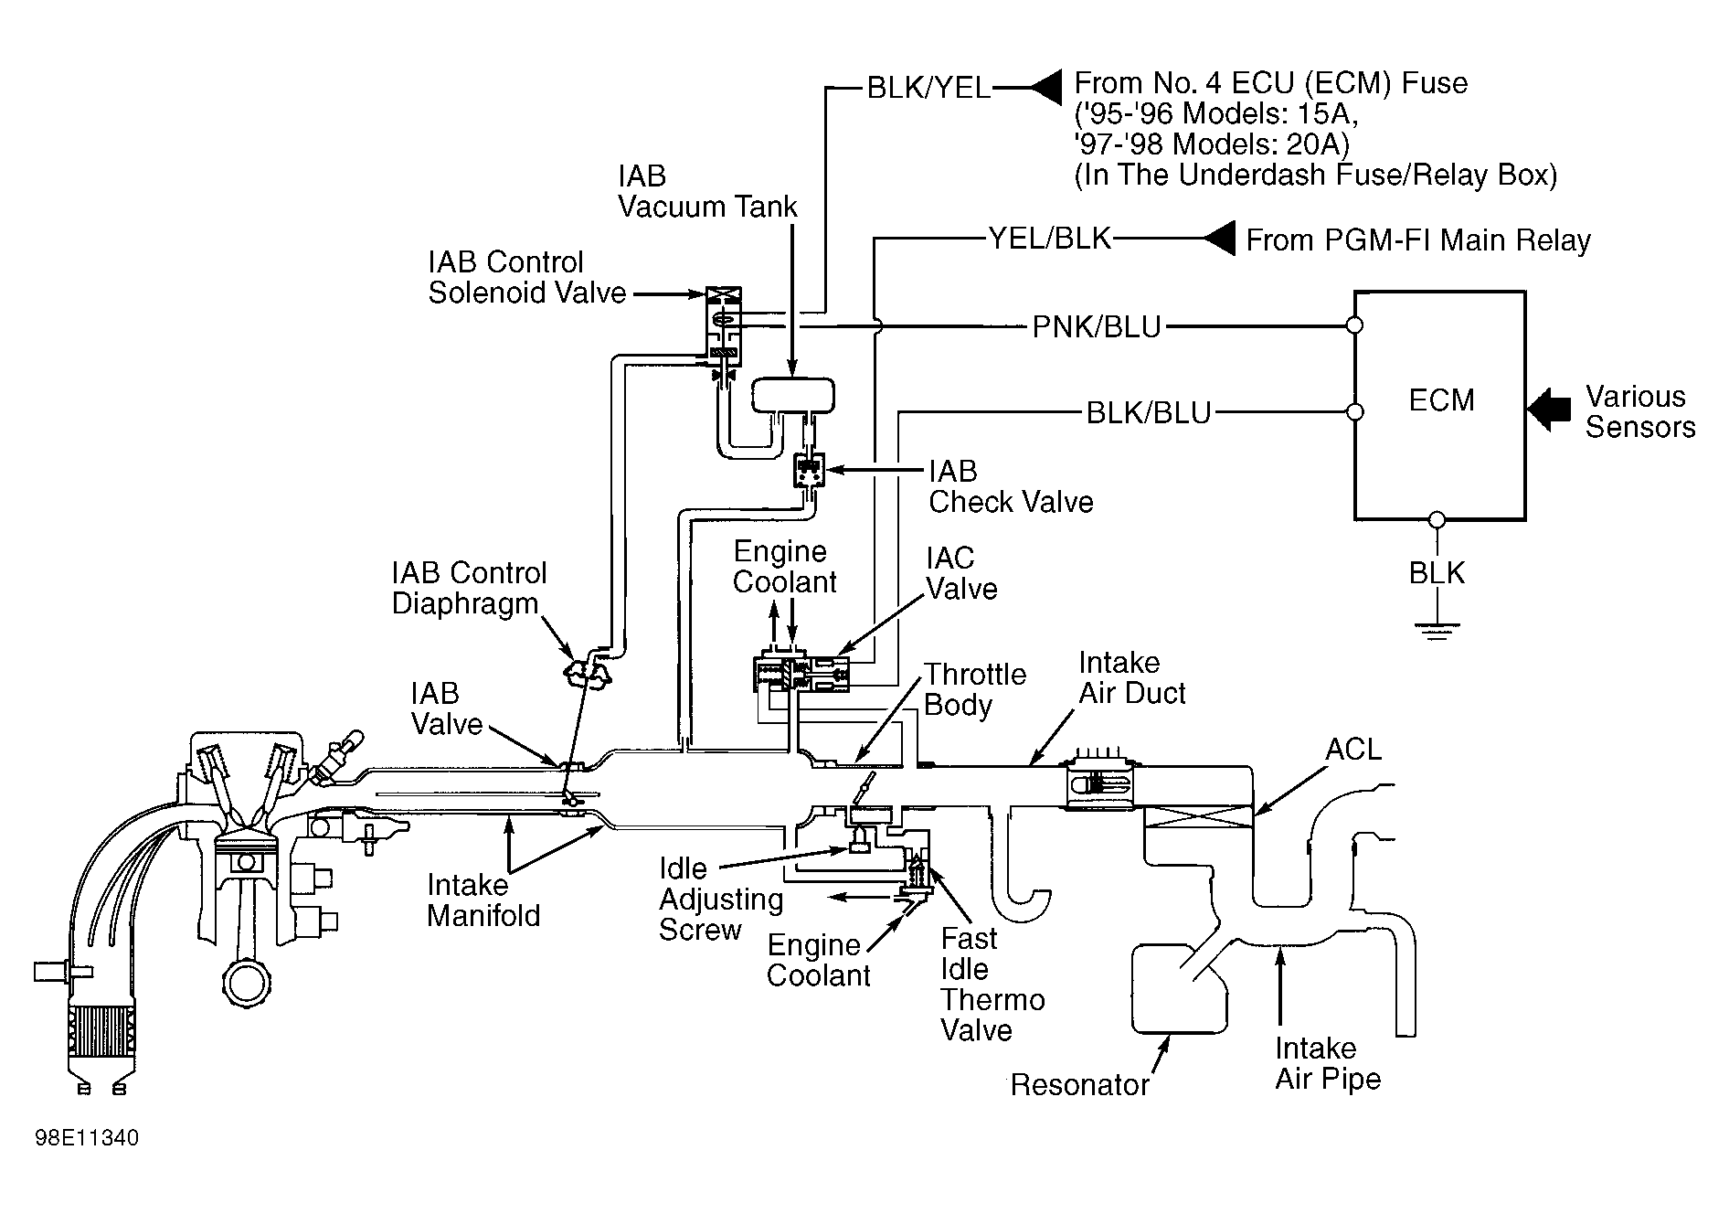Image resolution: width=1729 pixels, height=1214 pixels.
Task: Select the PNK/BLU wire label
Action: click(1097, 326)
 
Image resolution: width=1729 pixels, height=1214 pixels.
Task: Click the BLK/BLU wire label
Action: click(1148, 413)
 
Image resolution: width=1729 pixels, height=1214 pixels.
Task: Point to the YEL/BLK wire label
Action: click(1050, 239)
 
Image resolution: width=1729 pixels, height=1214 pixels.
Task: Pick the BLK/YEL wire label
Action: click(928, 88)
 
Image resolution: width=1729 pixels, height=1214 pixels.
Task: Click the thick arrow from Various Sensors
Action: click(1549, 408)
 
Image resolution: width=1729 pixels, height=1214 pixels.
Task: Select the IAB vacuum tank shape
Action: click(792, 397)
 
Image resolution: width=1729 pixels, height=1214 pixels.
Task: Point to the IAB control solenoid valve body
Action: click(723, 329)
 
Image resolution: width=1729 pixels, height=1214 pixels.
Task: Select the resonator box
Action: click(1179, 989)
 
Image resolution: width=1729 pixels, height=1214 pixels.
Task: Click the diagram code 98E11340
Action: click(87, 1139)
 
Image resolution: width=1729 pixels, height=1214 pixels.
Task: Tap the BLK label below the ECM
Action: click(1437, 573)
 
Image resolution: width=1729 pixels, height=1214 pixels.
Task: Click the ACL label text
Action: click(1353, 750)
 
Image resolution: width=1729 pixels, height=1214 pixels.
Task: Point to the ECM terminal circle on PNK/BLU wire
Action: click(1354, 325)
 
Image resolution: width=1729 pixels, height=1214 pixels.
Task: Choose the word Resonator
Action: click(1079, 1085)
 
